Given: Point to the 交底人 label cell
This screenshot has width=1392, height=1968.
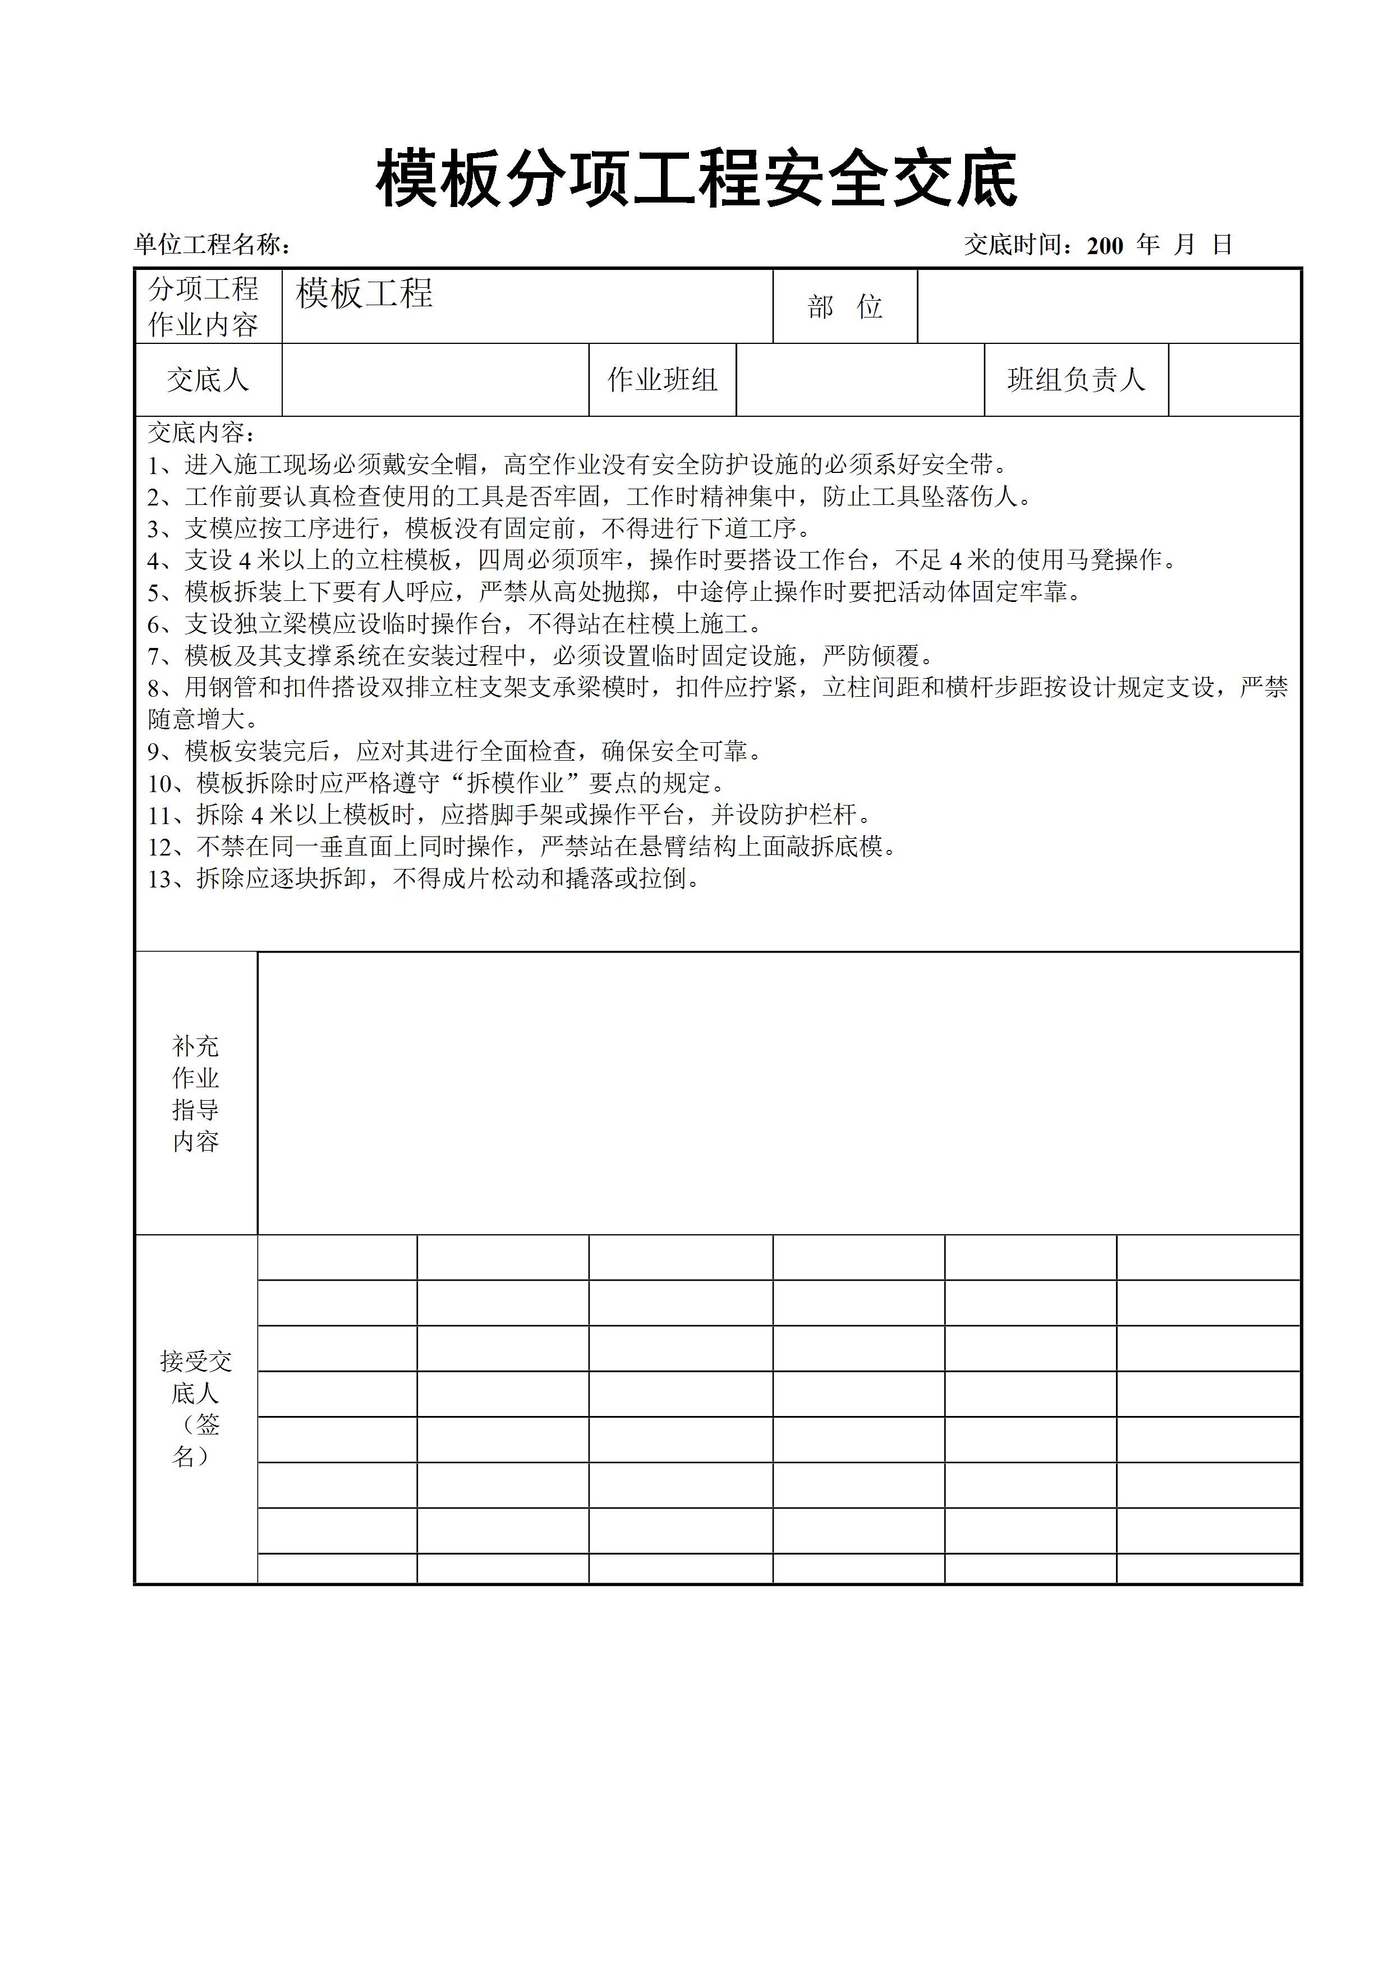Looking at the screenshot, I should click(x=208, y=380).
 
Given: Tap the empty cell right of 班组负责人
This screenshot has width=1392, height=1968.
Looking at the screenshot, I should click(x=1234, y=380).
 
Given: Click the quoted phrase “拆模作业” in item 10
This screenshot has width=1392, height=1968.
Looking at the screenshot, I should click(x=514, y=783).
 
